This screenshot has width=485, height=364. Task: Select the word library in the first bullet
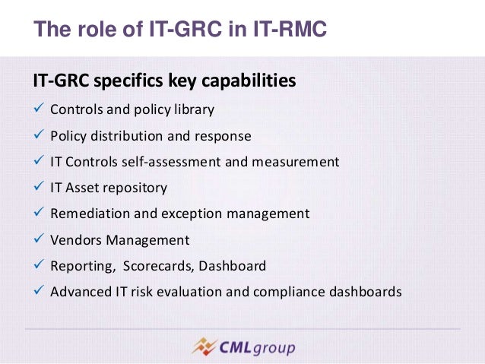pyautogui.click(x=193, y=109)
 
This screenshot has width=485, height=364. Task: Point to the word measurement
pyautogui.click(x=300, y=163)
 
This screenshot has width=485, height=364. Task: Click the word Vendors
pyautogui.click(x=74, y=240)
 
